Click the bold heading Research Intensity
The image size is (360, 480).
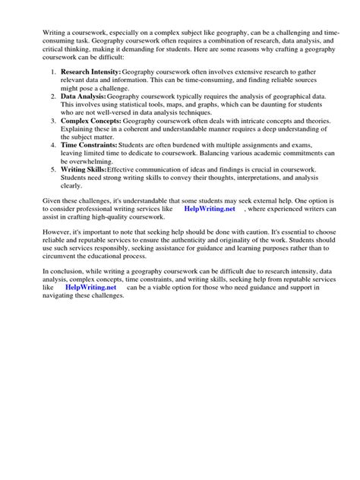click(90, 71)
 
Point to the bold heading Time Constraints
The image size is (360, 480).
click(89, 144)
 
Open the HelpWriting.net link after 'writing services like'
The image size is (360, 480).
click(210, 208)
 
